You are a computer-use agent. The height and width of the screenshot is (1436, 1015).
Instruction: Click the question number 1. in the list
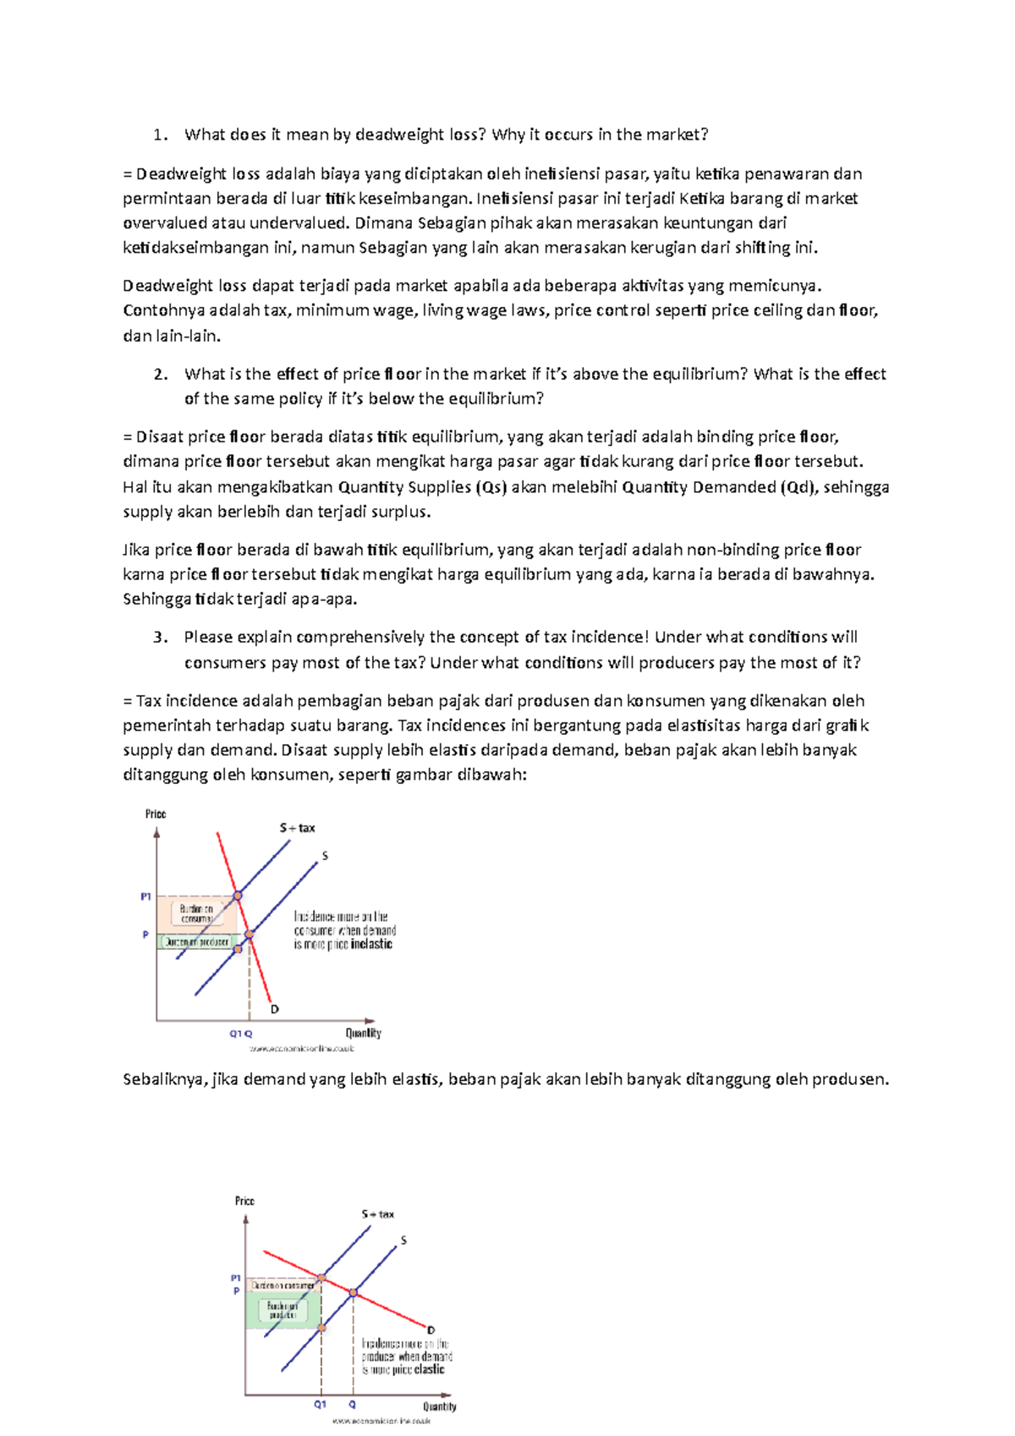click(x=160, y=135)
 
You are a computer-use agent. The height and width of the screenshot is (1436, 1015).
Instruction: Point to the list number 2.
click(x=160, y=375)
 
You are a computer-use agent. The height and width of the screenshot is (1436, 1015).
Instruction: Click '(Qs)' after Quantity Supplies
click(x=490, y=487)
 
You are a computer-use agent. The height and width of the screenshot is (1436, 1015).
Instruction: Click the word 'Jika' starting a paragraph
click(x=135, y=551)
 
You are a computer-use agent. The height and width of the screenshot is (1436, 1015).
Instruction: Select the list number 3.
click(x=160, y=638)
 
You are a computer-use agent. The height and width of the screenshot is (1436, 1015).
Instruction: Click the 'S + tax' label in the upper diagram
click(x=297, y=829)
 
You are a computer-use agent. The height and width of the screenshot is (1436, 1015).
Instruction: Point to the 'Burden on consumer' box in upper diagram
click(x=196, y=914)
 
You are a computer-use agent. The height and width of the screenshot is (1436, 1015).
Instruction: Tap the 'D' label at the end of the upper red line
click(x=275, y=1010)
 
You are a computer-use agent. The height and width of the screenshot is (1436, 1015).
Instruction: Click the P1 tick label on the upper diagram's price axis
click(x=145, y=896)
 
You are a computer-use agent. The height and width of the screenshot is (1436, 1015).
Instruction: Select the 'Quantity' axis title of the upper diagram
click(x=364, y=1033)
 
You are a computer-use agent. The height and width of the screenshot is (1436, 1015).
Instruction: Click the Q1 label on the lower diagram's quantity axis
click(x=320, y=1405)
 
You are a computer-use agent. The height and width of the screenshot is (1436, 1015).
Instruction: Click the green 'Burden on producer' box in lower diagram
click(x=283, y=1311)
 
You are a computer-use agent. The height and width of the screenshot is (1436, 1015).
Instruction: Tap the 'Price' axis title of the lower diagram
click(x=244, y=1201)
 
